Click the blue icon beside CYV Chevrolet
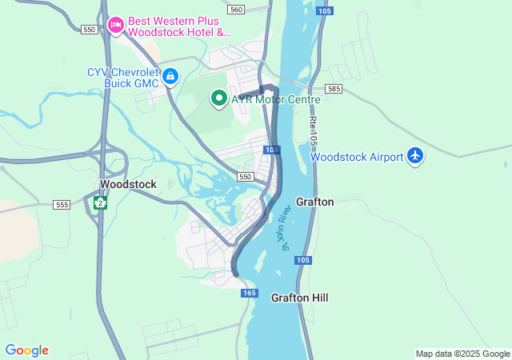click(x=170, y=77)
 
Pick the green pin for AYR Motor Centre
click(x=218, y=99)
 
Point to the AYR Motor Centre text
click(x=275, y=100)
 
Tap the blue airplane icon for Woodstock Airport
click(x=414, y=156)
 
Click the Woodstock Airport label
click(x=357, y=157)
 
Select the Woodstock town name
click(x=128, y=184)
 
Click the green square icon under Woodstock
click(x=100, y=202)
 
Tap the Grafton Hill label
click(x=299, y=298)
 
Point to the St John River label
click(x=286, y=228)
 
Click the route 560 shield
click(x=235, y=10)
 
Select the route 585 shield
click(x=334, y=88)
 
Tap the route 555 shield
click(x=62, y=205)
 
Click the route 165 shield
click(x=248, y=294)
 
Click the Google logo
click(x=26, y=350)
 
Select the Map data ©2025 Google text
click(x=462, y=354)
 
